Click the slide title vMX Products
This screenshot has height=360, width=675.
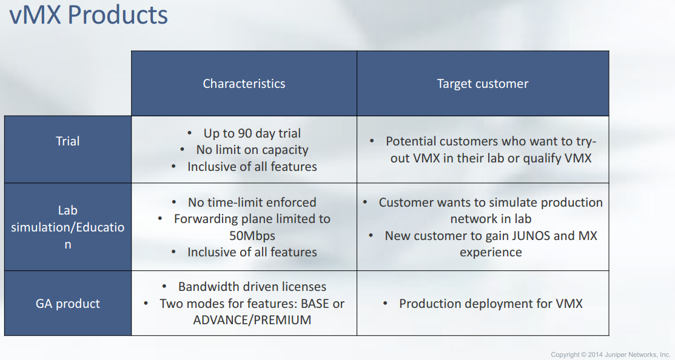pos(89,14)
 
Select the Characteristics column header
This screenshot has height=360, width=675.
pos(244,84)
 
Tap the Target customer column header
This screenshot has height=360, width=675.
pos(483,84)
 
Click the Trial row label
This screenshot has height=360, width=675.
pos(67,141)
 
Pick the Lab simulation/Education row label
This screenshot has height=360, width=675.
pos(67,227)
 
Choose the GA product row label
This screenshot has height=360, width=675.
pos(67,304)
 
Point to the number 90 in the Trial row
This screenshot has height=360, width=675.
pos(245,133)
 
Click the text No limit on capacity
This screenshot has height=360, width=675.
pos(252,150)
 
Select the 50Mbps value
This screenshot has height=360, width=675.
pos(252,236)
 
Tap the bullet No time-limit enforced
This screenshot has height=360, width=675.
pos(252,202)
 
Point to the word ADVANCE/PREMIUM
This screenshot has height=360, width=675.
pos(252,320)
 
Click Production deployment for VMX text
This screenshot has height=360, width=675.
pos(491,304)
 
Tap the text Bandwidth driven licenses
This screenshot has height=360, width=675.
pos(252,287)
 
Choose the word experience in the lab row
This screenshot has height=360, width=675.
pos(491,252)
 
